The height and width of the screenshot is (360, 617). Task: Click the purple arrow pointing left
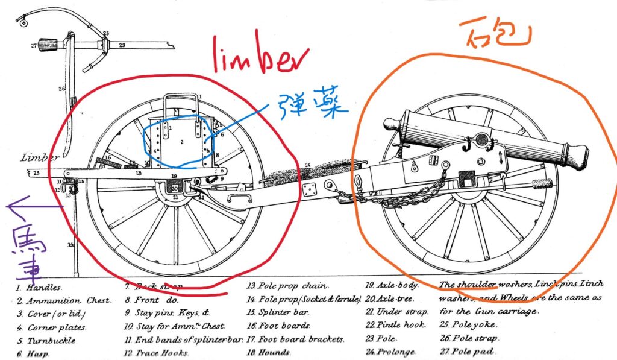[x=33, y=209]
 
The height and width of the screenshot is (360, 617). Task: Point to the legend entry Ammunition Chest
[x=63, y=300]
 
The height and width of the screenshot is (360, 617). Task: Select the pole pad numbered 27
[x=48, y=45]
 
